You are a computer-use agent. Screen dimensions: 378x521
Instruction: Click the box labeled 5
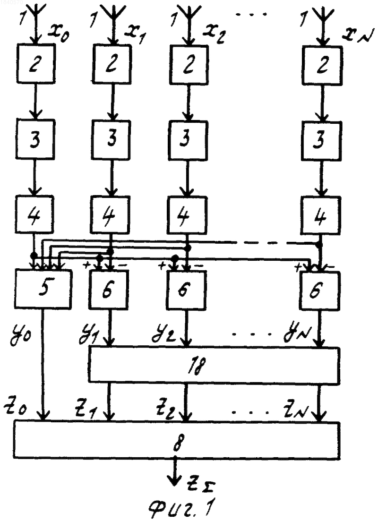click(43, 289)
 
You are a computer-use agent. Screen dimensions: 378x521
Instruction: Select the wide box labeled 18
click(214, 365)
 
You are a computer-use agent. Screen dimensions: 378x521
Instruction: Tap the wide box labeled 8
click(177, 440)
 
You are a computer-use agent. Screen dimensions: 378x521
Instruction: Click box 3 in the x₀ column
click(35, 139)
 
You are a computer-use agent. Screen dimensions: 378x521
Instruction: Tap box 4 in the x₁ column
click(110, 214)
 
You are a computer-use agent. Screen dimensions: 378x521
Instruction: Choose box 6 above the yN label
click(319, 290)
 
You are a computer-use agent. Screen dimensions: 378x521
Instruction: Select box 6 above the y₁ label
click(108, 290)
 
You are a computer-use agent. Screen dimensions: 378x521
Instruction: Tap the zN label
click(297, 412)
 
